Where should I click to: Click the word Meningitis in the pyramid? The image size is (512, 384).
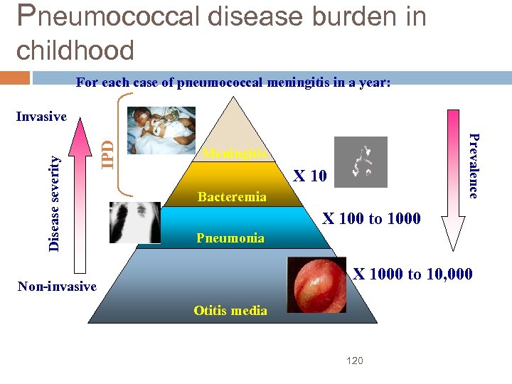tap(235, 154)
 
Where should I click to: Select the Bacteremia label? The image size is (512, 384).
tap(232, 197)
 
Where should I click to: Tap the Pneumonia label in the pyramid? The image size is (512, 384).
tap(230, 238)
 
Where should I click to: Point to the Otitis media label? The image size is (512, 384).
tap(230, 311)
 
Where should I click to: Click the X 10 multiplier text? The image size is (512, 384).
tap(310, 176)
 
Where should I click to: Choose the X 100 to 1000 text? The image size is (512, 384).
tap(371, 219)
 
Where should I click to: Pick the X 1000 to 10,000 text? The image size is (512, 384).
tap(412, 273)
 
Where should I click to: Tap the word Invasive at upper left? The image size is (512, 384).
tap(41, 117)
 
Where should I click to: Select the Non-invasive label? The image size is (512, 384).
tap(56, 287)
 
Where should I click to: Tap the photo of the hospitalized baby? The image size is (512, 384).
tap(161, 130)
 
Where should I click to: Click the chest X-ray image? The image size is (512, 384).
tap(135, 223)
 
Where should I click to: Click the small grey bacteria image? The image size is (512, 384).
tap(361, 161)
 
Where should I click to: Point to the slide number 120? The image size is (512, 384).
tap(354, 361)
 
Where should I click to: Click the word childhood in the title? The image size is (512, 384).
tap(75, 50)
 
